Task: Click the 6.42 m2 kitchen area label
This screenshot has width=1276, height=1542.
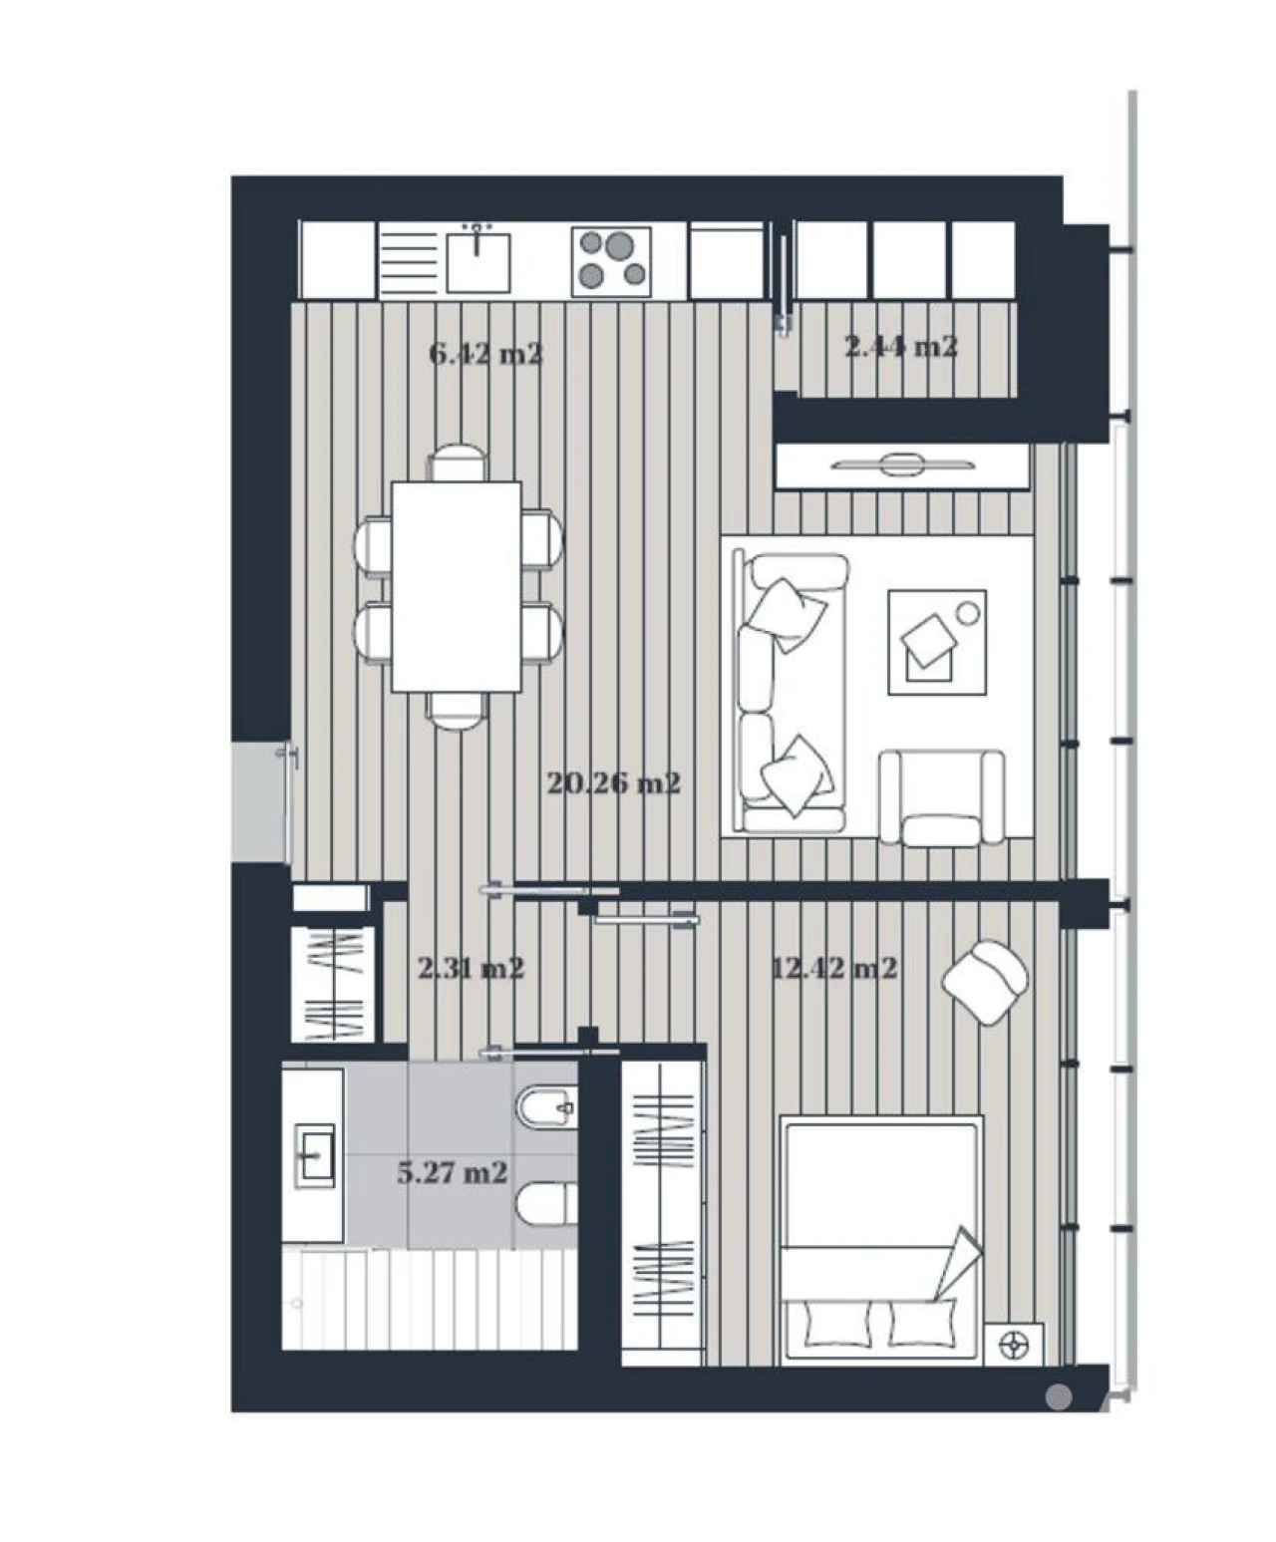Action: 485,354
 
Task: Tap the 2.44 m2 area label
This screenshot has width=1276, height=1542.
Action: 901,347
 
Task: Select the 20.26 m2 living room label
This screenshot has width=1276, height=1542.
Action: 613,783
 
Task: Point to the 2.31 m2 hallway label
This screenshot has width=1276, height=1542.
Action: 471,968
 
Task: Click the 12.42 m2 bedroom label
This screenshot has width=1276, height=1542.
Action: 834,968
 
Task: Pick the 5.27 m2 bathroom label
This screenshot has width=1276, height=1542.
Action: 453,1172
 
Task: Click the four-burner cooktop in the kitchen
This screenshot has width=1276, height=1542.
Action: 611,261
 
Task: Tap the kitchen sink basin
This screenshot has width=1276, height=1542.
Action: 478,261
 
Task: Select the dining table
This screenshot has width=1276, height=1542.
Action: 456,586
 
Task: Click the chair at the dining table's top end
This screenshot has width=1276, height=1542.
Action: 458,463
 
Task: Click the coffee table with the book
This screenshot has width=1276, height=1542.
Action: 937,642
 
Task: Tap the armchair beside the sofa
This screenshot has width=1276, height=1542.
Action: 941,797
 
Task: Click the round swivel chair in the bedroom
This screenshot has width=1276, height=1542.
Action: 986,981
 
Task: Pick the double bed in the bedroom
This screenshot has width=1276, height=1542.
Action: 880,1239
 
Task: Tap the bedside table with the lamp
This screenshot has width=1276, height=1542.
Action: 1014,1344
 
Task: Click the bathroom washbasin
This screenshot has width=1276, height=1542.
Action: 315,1156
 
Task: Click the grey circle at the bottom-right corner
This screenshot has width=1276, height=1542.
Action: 1059,1397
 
